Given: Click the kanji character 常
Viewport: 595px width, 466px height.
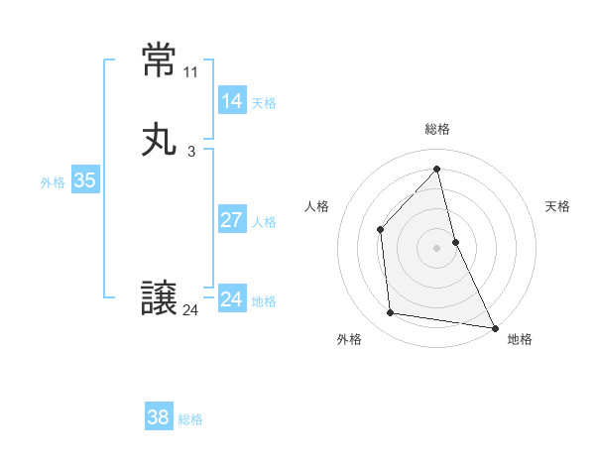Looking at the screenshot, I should [x=160, y=62].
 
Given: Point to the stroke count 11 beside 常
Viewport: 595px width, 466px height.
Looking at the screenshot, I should [x=191, y=72].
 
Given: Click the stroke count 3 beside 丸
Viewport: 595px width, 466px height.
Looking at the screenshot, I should [x=191, y=152].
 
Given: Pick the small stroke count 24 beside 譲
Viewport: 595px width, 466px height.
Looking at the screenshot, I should [x=191, y=310].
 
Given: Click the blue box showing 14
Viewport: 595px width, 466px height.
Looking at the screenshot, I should [x=231, y=100].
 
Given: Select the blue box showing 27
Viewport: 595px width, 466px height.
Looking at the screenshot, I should [x=231, y=220].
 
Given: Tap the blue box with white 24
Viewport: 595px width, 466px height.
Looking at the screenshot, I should [x=231, y=299].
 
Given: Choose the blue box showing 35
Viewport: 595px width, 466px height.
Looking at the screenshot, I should [x=84, y=180].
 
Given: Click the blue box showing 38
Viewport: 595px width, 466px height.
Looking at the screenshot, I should [x=158, y=417].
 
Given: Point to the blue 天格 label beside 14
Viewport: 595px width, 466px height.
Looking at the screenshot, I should [x=264, y=103].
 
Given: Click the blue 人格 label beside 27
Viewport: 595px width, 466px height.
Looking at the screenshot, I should [x=264, y=222].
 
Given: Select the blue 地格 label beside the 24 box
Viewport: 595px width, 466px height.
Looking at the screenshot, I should [x=264, y=301].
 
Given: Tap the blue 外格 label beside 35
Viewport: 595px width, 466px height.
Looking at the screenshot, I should [x=53, y=182].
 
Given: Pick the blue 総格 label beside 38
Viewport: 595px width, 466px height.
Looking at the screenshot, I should [x=190, y=419].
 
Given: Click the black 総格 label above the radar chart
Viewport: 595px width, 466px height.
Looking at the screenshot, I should [x=437, y=129].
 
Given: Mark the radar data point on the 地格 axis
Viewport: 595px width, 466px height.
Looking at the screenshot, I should [x=494, y=327].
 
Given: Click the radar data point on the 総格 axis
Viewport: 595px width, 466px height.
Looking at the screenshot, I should [x=437, y=169].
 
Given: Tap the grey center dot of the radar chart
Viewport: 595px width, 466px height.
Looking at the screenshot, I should [x=437, y=247].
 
